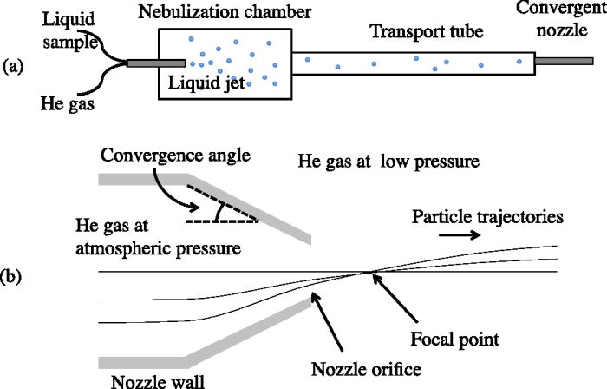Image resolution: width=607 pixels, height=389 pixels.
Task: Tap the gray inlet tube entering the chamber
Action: [x=156, y=63]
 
